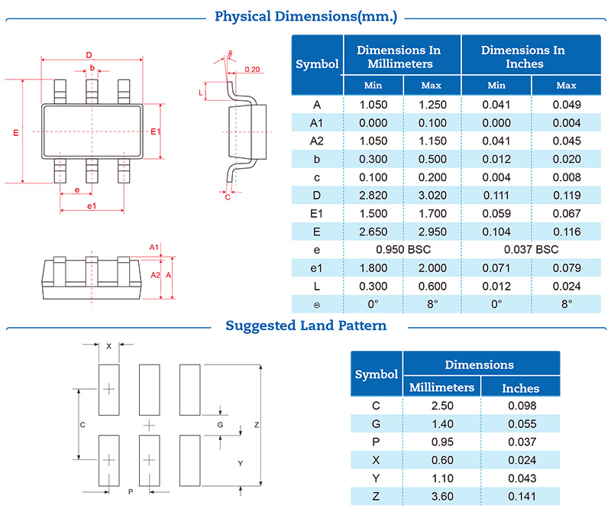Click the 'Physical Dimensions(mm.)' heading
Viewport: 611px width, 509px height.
[305, 16]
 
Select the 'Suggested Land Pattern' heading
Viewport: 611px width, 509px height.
[305, 326]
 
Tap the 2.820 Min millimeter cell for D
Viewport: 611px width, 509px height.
[373, 195]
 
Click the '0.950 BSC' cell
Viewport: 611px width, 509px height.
[402, 249]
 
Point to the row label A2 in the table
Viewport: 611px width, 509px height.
[317, 141]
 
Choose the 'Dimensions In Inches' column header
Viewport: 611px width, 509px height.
[523, 57]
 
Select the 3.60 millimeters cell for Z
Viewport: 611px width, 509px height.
[441, 498]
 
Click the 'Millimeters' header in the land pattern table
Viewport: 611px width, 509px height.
[441, 387]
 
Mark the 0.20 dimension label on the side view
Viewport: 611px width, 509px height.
[253, 70]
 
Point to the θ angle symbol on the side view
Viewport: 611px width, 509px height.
[229, 53]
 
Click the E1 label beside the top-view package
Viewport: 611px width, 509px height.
[156, 132]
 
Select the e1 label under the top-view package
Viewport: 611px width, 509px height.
[92, 206]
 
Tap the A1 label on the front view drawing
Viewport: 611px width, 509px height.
[154, 248]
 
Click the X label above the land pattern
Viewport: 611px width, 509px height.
[109, 346]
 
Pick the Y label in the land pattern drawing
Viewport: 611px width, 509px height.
[241, 463]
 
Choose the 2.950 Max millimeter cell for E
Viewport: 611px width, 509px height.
[432, 232]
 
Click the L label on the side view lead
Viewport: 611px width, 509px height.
[201, 92]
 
